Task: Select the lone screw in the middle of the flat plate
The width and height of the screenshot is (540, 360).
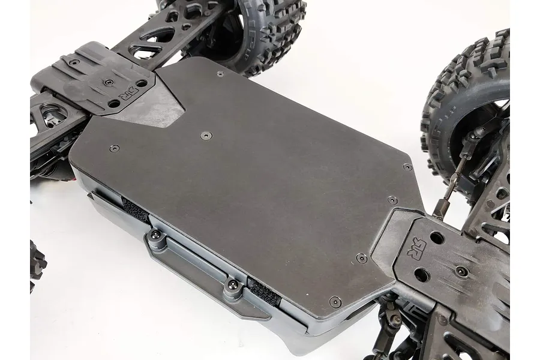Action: tap(206, 135)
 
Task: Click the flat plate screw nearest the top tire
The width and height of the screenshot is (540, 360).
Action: tap(220, 74)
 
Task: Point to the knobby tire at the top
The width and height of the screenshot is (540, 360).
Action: tap(264, 30)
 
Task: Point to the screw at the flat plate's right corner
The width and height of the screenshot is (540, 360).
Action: tap(407, 167)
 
